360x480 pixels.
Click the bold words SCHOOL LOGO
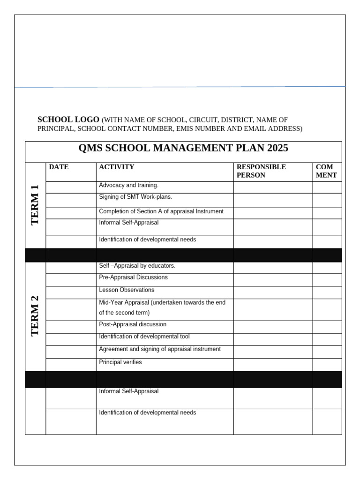68,120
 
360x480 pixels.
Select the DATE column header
59,167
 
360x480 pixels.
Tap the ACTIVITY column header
117,167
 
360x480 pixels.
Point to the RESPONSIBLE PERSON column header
261,171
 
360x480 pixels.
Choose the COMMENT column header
326,171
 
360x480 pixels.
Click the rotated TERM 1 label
36,205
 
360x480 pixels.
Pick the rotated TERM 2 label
36,316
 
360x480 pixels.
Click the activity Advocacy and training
129,185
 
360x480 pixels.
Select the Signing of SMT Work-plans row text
132,197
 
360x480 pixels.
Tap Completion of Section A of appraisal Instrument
161,211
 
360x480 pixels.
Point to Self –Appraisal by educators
137,266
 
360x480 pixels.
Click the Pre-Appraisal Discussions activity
133,277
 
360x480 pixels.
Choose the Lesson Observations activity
127,290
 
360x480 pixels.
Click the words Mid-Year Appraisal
121,303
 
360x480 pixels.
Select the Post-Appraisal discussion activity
133,324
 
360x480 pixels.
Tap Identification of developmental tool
144,337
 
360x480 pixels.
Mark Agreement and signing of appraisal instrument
160,349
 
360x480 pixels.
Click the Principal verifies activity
120,362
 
